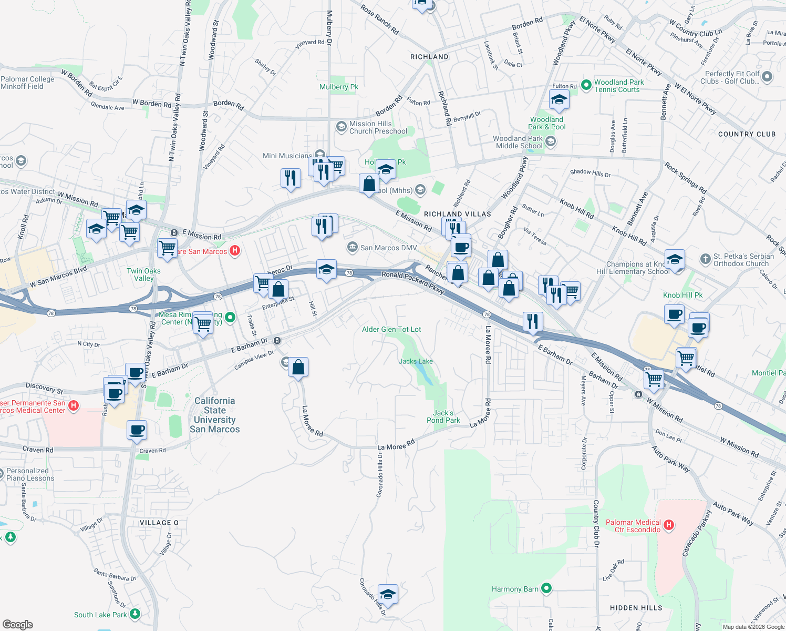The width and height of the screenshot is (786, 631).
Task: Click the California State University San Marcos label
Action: pyautogui.click(x=214, y=415)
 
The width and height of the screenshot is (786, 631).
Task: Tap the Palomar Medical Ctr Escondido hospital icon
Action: pyautogui.click(x=669, y=524)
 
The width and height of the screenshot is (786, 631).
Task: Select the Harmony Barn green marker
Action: pyautogui.click(x=546, y=588)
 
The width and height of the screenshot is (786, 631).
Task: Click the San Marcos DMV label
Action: pyautogui.click(x=388, y=248)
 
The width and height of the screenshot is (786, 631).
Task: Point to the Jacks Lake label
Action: pyautogui.click(x=416, y=361)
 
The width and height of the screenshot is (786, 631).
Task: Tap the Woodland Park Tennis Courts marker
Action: pyautogui.click(x=586, y=85)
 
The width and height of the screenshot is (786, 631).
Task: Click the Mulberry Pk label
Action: pyautogui.click(x=339, y=87)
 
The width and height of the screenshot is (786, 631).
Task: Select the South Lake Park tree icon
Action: pyautogui.click(x=135, y=614)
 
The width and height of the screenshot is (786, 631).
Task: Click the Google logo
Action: pyautogui.click(x=17, y=624)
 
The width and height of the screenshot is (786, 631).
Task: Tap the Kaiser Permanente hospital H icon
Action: pyautogui.click(x=74, y=405)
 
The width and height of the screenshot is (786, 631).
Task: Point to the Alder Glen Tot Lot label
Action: pyautogui.click(x=391, y=329)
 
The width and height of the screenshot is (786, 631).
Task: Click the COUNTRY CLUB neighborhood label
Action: pyautogui.click(x=747, y=134)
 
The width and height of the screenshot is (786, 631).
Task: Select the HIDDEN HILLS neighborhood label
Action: pyautogui.click(x=636, y=608)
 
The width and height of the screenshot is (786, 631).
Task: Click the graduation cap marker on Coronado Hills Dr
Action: pyautogui.click(x=387, y=594)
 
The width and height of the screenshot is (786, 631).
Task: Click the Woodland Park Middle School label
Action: pyautogui.click(x=518, y=142)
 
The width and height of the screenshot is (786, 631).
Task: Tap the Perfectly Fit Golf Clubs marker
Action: pyautogui.click(x=767, y=77)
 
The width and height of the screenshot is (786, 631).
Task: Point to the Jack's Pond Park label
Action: pyautogui.click(x=443, y=416)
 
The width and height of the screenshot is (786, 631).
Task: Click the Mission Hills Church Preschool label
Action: pyautogui.click(x=378, y=127)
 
